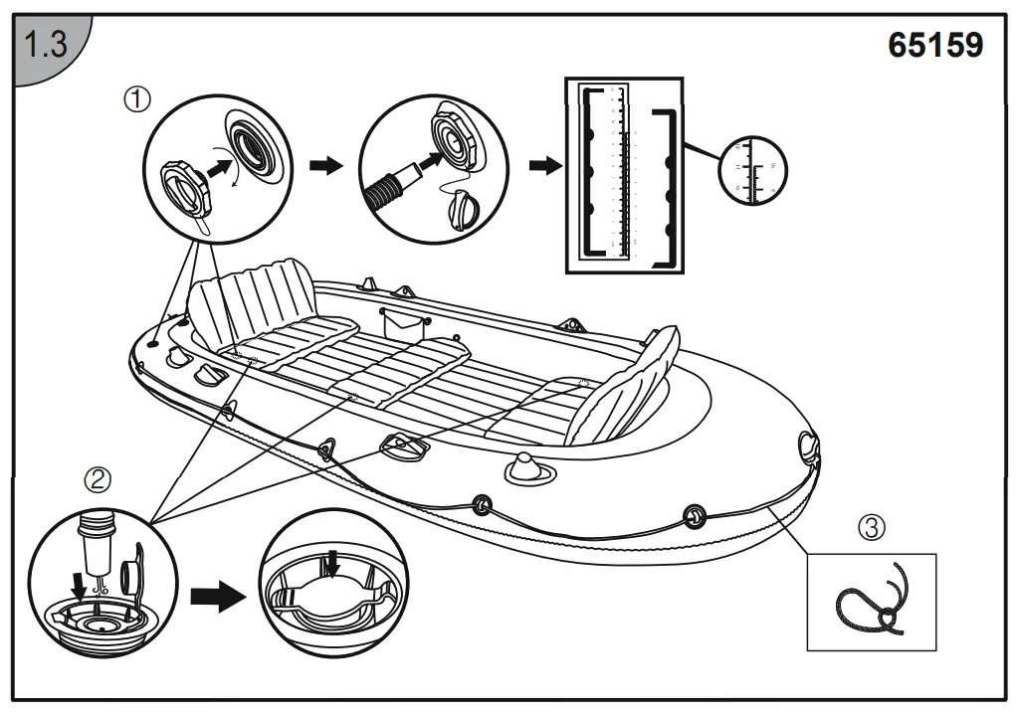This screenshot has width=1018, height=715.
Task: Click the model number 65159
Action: click(x=934, y=45)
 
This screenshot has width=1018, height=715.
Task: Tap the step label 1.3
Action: click(x=44, y=46)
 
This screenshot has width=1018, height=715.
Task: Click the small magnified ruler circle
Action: click(x=751, y=167)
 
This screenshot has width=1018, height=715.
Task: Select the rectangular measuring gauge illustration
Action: click(x=625, y=177)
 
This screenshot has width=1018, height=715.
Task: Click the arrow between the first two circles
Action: click(x=324, y=165)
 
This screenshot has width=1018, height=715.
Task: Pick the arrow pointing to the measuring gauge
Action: click(x=542, y=165)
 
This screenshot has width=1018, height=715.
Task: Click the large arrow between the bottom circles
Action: click(x=216, y=598)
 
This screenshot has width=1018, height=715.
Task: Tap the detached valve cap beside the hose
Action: click(x=464, y=209)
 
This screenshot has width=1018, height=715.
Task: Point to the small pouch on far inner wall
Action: click(x=403, y=320)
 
